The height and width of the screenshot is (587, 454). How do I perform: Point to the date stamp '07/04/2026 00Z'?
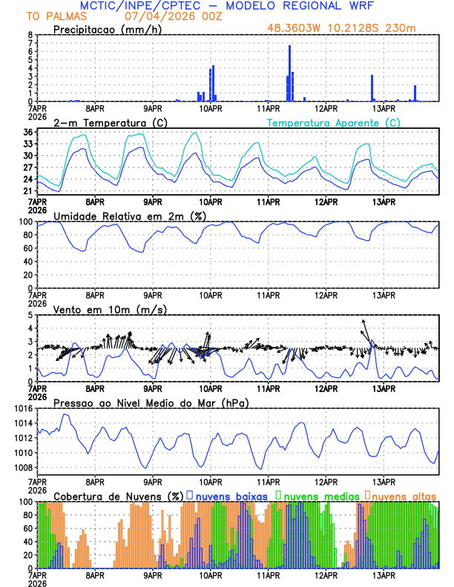pos(167,16)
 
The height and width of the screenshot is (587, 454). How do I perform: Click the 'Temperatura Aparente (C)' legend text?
pos(334,122)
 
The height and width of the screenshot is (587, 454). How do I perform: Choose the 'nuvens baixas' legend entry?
pos(225,495)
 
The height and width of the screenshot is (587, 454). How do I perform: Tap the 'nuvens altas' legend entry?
pos(404,495)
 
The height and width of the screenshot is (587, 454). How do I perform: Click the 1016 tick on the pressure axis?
pos(23,408)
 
